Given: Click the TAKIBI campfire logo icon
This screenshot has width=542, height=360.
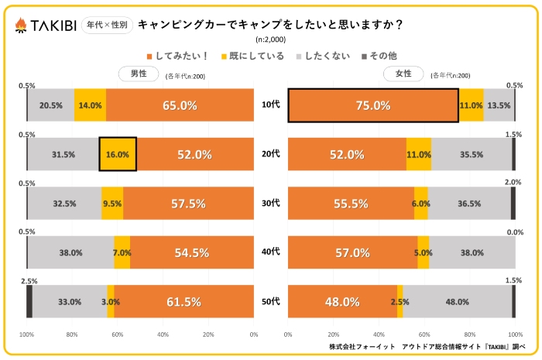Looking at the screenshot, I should point(21,25).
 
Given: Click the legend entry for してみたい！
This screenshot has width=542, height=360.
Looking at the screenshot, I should point(174,56).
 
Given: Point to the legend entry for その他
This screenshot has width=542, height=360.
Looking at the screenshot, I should point(379,56).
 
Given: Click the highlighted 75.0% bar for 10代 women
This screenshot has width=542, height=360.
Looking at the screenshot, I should point(373,105).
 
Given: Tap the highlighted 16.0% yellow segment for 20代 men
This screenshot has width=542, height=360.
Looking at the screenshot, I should point(118,154).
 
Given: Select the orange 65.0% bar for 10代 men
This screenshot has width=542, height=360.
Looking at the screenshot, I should point(180,105).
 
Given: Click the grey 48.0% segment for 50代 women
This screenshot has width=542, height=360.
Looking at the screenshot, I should point(457,301).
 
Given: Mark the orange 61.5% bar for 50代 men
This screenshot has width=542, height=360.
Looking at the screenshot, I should point(184,301).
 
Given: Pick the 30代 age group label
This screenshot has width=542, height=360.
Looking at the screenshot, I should point(270,204).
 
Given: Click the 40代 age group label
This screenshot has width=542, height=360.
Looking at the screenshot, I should point(270,252).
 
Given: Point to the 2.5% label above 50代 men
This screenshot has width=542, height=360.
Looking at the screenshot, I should point(27,280).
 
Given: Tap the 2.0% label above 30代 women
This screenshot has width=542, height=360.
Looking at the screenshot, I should point(513,183).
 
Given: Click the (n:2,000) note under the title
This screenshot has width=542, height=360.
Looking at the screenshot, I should point(270,39).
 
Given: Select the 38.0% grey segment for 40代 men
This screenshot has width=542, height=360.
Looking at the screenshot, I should point(70,252).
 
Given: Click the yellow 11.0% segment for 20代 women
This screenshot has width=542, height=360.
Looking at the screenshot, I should point(419,154).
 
